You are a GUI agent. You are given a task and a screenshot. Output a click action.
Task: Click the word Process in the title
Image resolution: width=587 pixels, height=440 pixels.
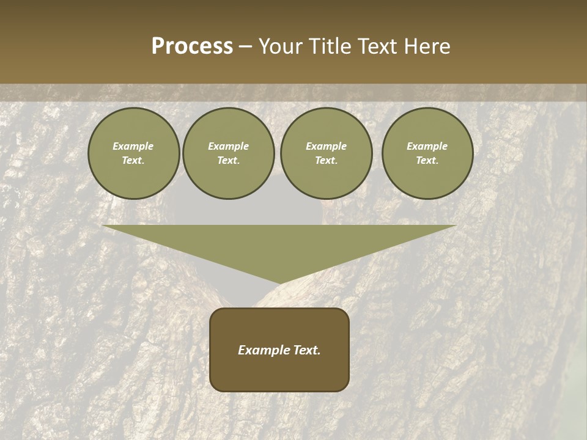pyautogui.click(x=192, y=46)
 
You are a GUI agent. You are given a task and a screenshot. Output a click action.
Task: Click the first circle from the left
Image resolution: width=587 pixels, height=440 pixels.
pyautogui.click(x=134, y=153)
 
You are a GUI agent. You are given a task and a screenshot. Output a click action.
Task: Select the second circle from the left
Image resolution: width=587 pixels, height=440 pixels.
pyautogui.click(x=229, y=153)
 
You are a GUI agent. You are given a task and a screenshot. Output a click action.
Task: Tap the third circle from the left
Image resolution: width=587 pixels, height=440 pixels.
pyautogui.click(x=327, y=153)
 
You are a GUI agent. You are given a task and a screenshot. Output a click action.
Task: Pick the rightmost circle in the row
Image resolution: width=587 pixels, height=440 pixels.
pyautogui.click(x=427, y=153)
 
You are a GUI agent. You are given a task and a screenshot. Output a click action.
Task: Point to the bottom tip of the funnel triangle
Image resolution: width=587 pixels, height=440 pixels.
pyautogui.click(x=279, y=284)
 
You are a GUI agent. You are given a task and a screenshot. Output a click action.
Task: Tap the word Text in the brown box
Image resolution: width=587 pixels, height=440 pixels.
pyautogui.click(x=306, y=350)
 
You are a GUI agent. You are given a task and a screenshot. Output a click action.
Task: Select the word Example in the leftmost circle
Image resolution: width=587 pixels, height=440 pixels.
pyautogui.click(x=133, y=146)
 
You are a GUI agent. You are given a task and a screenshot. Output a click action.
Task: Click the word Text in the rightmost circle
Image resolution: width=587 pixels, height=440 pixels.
pyautogui.click(x=427, y=160)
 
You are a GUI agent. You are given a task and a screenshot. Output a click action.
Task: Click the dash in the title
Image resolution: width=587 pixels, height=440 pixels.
pyautogui.click(x=246, y=46)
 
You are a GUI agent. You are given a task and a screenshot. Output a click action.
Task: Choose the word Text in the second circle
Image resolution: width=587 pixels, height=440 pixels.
pyautogui.click(x=228, y=160)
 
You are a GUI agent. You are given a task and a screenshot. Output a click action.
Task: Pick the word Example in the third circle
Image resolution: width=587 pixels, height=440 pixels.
pyautogui.click(x=326, y=146)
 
